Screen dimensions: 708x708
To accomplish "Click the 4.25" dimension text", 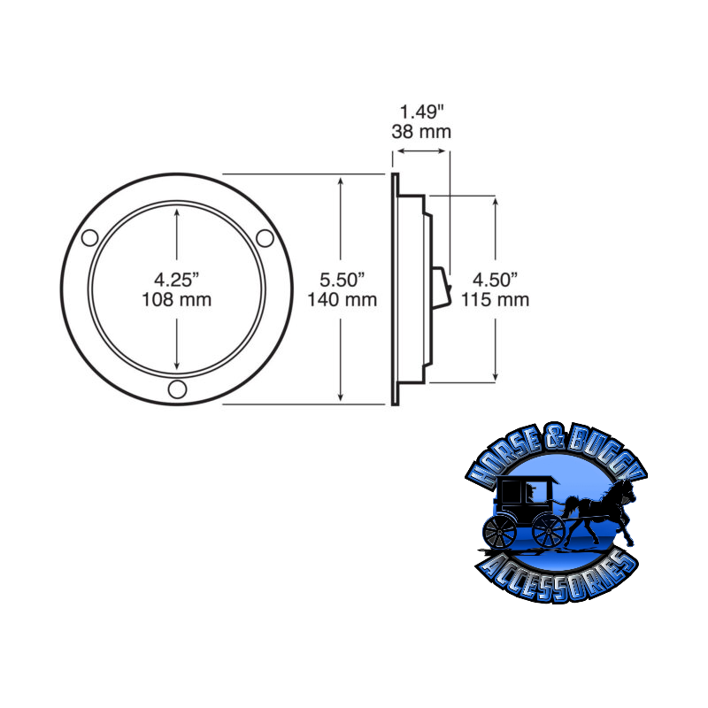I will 177,280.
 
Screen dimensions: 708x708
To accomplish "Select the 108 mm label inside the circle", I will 177,299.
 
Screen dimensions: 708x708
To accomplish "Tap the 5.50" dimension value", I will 342,280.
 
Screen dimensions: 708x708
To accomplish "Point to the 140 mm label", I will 342,299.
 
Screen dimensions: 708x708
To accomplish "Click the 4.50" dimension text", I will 495,280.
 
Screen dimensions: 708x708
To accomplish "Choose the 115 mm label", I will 495,299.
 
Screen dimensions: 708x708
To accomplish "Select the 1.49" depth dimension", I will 421,112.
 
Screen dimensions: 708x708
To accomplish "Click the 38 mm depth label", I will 421,132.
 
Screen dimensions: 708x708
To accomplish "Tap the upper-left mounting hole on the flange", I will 89,237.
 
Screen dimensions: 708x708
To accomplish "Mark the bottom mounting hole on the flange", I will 177,389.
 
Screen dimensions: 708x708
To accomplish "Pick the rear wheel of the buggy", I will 500,531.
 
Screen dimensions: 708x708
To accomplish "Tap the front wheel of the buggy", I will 549,531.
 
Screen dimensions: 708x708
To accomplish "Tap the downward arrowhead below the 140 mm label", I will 342,397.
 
